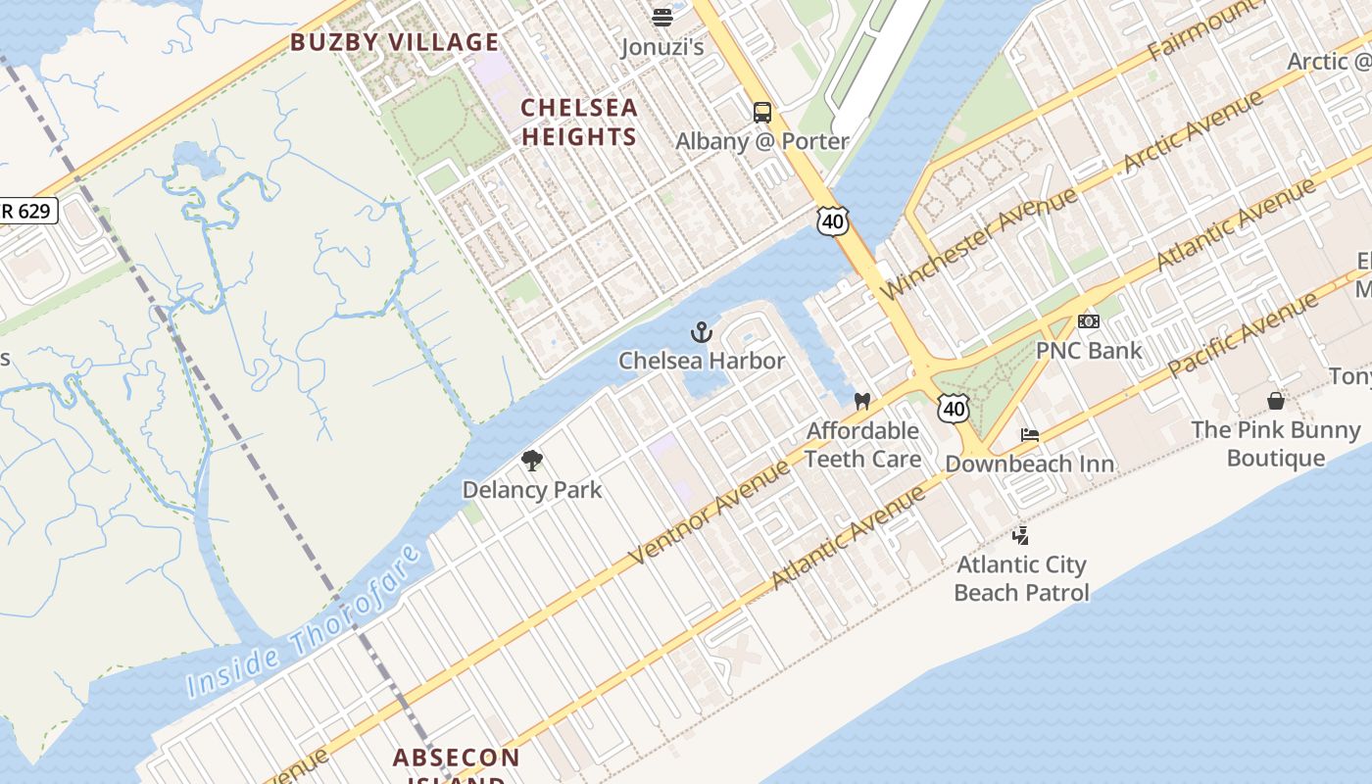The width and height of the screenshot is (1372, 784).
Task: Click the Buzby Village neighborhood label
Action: [394, 42]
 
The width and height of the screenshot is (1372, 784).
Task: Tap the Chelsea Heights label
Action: [579, 122]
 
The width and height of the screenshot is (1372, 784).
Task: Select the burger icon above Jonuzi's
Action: [662, 17]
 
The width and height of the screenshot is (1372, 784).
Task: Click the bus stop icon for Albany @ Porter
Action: [762, 113]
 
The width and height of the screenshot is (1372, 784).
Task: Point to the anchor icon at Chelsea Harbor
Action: [701, 333]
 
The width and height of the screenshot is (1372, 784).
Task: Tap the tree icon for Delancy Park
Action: [532, 461]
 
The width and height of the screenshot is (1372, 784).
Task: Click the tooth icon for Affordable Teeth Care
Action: [862, 401]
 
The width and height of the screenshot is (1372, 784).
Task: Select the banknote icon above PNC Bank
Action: [1089, 321]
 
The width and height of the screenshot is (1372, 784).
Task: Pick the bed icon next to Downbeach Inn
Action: [1030, 435]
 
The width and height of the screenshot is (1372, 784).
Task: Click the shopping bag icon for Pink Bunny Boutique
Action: [1275, 401]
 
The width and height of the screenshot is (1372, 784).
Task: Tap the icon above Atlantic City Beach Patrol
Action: [1020, 535]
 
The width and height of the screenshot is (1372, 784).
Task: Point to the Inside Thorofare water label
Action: [306, 621]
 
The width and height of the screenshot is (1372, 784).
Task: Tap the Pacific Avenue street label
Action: [1245, 333]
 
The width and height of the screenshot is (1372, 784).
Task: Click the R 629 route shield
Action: [27, 211]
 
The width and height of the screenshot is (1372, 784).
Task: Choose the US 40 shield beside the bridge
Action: [832, 221]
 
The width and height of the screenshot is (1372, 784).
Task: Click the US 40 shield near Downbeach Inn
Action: [954, 408]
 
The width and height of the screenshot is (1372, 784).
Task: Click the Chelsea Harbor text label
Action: [702, 361]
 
